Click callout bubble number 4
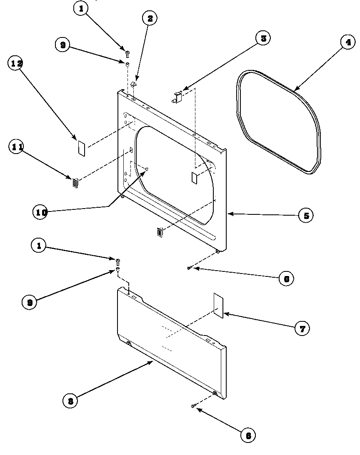(x=348, y=42)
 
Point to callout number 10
(x=41, y=212)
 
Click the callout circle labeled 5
(x=306, y=216)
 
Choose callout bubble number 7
(x=302, y=329)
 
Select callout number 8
(x=70, y=401)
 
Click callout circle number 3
(x=263, y=39)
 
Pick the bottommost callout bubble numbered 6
(x=248, y=435)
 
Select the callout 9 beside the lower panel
(x=30, y=302)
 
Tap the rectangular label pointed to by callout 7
(x=218, y=305)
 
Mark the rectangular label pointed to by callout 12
(x=82, y=148)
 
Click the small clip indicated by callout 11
(x=75, y=183)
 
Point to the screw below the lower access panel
(x=194, y=405)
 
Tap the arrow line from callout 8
(x=112, y=381)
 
